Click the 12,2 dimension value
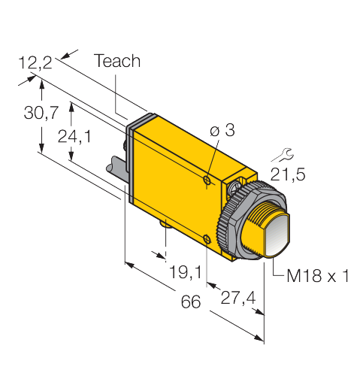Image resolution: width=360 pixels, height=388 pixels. (35, 62)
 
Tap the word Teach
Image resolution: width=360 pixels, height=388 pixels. (117, 61)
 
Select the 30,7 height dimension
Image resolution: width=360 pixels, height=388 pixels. (41, 113)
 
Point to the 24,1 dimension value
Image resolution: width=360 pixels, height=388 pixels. (74, 137)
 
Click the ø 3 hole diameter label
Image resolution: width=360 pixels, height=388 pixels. (222, 130)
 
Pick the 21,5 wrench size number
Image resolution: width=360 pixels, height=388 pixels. (288, 174)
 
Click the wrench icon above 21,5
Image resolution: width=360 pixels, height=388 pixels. (283, 155)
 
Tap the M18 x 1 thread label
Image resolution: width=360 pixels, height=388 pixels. (318, 276)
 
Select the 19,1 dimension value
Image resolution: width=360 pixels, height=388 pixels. (186, 272)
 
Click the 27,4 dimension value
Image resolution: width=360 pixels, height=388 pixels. (238, 298)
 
